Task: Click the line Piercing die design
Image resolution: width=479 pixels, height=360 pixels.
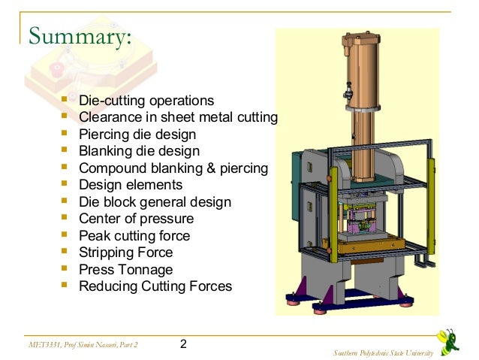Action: pyautogui.click(x=137, y=135)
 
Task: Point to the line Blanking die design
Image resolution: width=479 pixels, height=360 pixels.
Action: pyautogui.click(x=139, y=151)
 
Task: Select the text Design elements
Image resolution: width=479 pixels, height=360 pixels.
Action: pyautogui.click(x=131, y=185)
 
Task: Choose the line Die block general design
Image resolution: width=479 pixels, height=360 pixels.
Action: pyautogui.click(x=155, y=202)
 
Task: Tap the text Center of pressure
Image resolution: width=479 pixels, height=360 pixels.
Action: pyautogui.click(x=136, y=219)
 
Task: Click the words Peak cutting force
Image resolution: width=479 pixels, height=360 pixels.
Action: pyautogui.click(x=134, y=236)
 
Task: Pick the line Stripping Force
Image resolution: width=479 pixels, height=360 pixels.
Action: pyautogui.click(x=125, y=253)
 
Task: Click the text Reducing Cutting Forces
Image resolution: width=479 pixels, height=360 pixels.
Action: pyautogui.click(x=155, y=286)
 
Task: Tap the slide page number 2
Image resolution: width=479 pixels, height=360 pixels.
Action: pyautogui.click(x=183, y=345)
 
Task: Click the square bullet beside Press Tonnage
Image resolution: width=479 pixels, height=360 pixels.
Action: pyautogui.click(x=64, y=268)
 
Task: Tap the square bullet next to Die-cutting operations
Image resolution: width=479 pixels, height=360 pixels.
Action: pyautogui.click(x=64, y=99)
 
